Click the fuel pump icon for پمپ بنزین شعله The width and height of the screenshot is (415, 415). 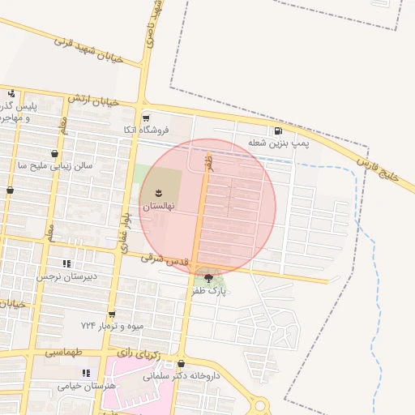279,130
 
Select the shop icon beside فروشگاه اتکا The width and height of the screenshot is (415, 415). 145,118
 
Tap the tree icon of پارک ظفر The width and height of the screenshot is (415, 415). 210,279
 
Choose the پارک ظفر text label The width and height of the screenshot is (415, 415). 210,290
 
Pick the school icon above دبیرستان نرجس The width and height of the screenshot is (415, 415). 66,263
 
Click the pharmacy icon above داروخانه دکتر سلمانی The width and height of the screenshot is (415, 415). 181,364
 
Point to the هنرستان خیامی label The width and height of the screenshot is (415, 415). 88,386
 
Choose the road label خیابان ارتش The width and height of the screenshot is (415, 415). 93,100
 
